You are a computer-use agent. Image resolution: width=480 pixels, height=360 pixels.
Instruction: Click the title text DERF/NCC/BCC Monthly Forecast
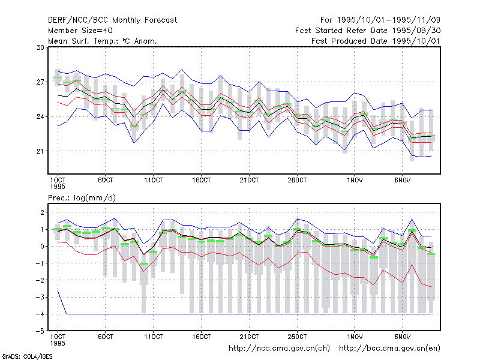(112, 20)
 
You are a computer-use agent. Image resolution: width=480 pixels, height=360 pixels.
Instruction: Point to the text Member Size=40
(80, 31)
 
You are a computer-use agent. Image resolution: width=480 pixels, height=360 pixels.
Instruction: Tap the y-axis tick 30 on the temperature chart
(40, 47)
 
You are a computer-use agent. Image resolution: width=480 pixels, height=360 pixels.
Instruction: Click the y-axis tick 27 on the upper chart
(40, 82)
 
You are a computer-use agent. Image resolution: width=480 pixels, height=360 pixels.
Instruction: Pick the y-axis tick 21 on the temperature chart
(40, 151)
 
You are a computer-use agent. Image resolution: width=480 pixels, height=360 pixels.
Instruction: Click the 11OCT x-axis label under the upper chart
(154, 180)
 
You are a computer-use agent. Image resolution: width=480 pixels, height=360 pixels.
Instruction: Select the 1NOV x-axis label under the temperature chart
(355, 180)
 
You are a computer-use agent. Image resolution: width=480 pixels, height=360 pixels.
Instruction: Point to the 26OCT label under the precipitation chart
(297, 337)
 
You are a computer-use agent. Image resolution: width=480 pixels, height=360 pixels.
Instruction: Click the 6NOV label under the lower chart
(402, 337)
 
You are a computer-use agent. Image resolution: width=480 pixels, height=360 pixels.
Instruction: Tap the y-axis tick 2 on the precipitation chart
(42, 212)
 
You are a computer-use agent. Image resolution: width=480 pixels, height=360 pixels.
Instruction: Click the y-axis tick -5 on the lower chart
(40, 331)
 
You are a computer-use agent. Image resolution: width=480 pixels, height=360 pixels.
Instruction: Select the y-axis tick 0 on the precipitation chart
(42, 247)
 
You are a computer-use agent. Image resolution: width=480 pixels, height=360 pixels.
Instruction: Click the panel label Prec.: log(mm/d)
(82, 198)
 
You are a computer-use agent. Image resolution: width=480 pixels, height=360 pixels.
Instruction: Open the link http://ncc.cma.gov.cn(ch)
(279, 349)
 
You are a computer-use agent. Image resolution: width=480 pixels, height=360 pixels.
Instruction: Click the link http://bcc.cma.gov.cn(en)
(389, 349)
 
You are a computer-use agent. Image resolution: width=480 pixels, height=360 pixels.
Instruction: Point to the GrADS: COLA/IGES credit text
(27, 356)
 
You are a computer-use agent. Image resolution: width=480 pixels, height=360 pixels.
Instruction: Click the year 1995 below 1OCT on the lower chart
(58, 343)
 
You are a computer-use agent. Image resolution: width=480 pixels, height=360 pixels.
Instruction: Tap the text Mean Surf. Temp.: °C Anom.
(103, 41)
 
